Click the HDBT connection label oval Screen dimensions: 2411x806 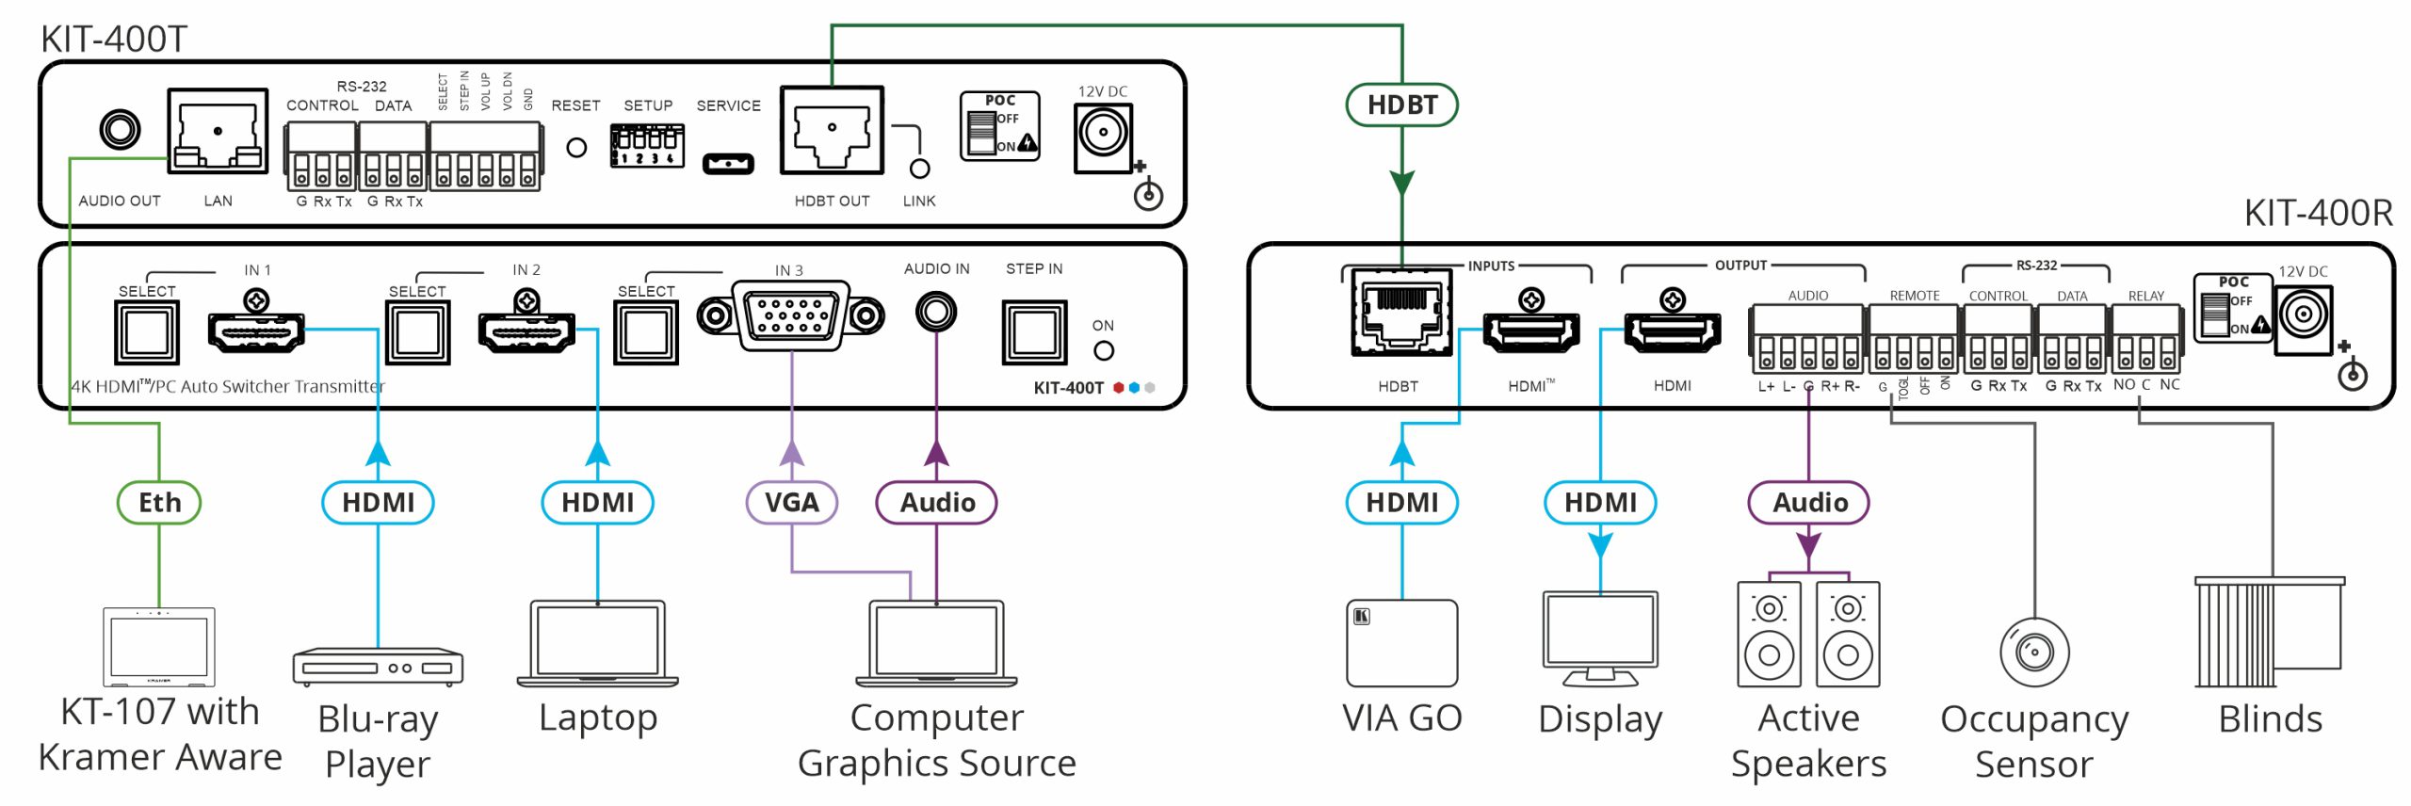click(1401, 105)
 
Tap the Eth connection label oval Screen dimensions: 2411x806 click(159, 502)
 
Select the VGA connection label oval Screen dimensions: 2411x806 click(791, 502)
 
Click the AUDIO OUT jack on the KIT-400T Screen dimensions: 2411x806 click(121, 130)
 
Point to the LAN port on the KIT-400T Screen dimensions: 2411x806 click(218, 131)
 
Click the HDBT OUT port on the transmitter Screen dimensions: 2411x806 click(832, 131)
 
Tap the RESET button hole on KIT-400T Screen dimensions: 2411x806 click(576, 147)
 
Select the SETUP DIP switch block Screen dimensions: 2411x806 click(647, 146)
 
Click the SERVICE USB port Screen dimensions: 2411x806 click(728, 164)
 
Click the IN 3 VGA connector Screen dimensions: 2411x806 click(791, 315)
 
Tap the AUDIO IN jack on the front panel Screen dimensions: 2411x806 click(936, 312)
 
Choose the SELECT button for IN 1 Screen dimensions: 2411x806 click(147, 332)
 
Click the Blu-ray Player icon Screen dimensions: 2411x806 click(378, 666)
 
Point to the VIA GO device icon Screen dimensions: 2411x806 click(1401, 643)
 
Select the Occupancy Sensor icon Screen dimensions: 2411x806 click(2034, 652)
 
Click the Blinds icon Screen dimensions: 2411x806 click(2269, 632)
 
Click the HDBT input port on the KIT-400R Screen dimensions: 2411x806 click(1400, 312)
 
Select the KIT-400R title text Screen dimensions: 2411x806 click(2318, 213)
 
